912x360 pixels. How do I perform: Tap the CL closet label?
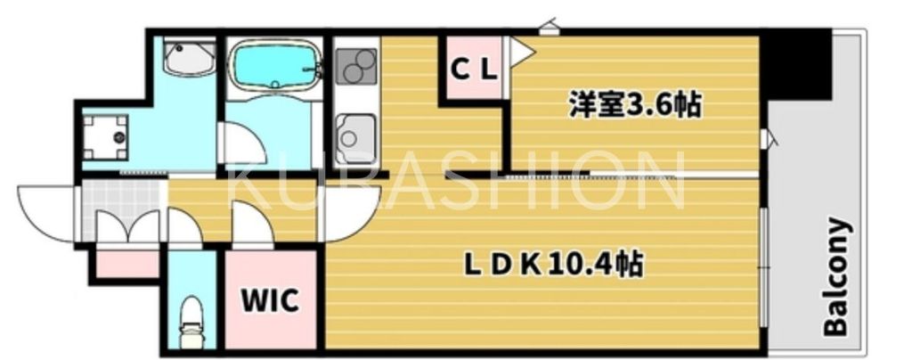point(473,70)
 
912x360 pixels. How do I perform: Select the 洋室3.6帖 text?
point(634,106)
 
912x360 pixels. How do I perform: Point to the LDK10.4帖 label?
point(553,265)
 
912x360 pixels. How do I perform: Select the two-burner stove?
point(356,64)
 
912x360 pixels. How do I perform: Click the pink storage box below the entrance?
point(126,264)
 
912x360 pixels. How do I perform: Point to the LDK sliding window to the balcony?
point(763,267)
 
